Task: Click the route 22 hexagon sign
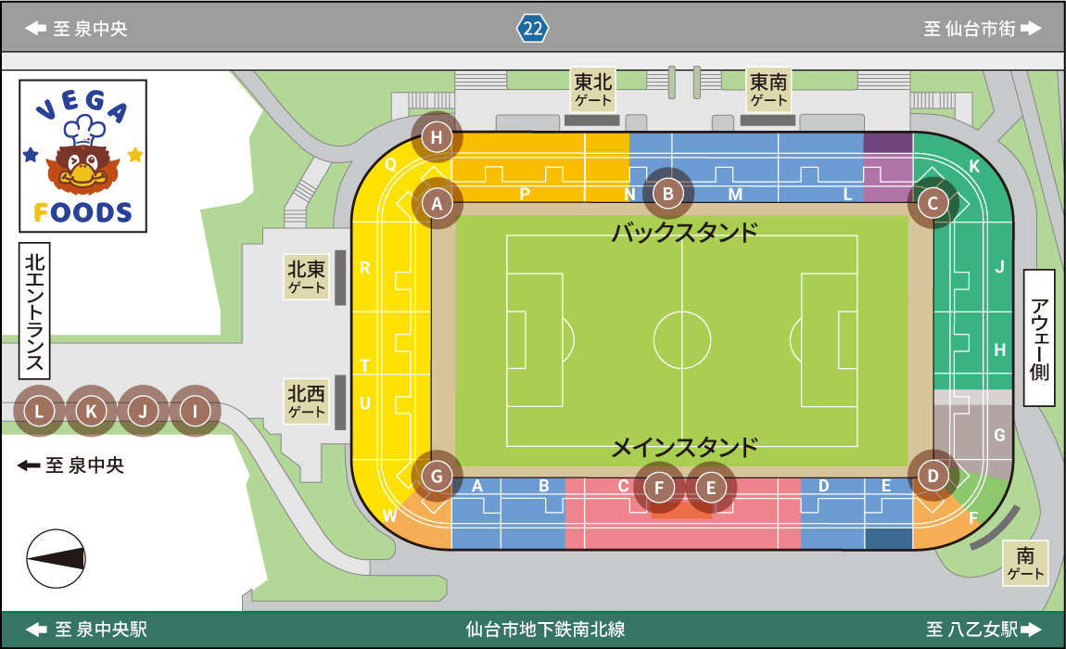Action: [532, 28]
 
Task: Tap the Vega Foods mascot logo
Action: [82, 156]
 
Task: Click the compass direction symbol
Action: [56, 558]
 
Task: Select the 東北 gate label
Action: [593, 90]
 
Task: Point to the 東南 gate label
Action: [768, 90]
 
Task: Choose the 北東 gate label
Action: [307, 277]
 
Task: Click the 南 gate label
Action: [1025, 564]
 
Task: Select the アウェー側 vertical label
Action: [1039, 338]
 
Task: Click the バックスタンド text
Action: [684, 232]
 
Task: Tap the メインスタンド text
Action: [684, 448]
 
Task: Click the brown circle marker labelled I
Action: [195, 411]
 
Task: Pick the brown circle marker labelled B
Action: [667, 194]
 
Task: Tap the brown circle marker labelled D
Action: [933, 477]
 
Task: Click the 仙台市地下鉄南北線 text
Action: [545, 630]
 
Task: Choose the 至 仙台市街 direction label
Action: [982, 29]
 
